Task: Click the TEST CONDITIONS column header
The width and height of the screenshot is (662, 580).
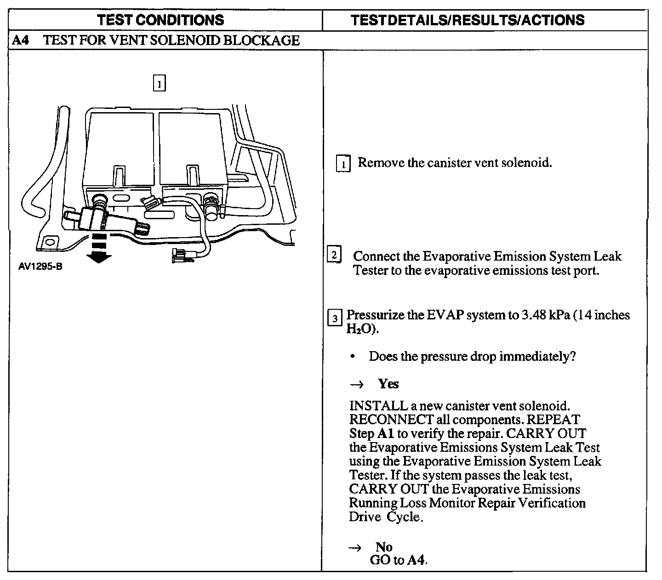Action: (x=161, y=20)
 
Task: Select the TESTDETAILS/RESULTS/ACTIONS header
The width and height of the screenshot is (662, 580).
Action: (x=468, y=20)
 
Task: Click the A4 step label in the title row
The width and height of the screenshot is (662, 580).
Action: (x=20, y=40)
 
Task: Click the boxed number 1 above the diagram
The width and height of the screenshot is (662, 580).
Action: (x=159, y=84)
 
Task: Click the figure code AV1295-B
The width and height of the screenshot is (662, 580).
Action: (x=40, y=266)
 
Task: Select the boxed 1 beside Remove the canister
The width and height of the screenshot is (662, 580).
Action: (x=343, y=164)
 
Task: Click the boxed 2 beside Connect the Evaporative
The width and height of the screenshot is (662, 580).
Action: (x=334, y=255)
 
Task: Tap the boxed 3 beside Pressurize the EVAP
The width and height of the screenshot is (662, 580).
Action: (x=334, y=318)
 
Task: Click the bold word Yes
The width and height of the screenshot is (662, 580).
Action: (x=388, y=384)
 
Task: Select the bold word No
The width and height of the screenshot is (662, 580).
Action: (x=384, y=547)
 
